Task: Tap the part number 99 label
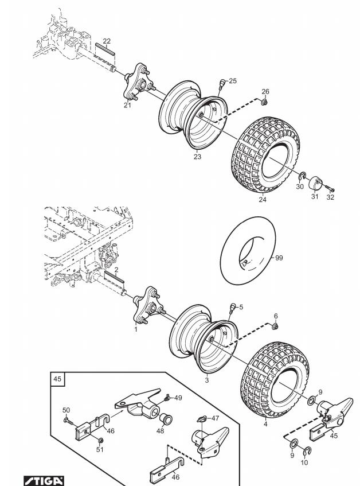point(279,258)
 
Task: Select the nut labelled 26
point(264,102)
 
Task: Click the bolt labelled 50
point(68,420)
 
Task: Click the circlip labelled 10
point(305,451)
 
